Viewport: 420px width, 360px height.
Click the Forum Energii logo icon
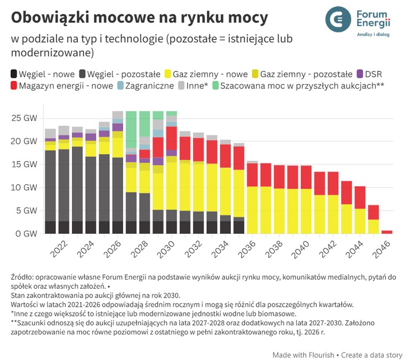340,19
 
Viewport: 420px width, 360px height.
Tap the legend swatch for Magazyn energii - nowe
14,85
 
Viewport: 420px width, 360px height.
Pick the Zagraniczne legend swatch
120,85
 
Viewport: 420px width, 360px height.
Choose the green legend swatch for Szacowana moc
215,85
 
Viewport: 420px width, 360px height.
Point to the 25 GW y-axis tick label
25,117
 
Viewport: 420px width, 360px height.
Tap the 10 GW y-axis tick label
25,187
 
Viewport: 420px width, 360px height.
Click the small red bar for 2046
387,232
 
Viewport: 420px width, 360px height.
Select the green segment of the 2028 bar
144,124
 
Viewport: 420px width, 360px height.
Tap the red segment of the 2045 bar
374,212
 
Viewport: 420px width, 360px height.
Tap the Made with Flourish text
303,355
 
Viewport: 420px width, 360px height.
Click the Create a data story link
372,355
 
